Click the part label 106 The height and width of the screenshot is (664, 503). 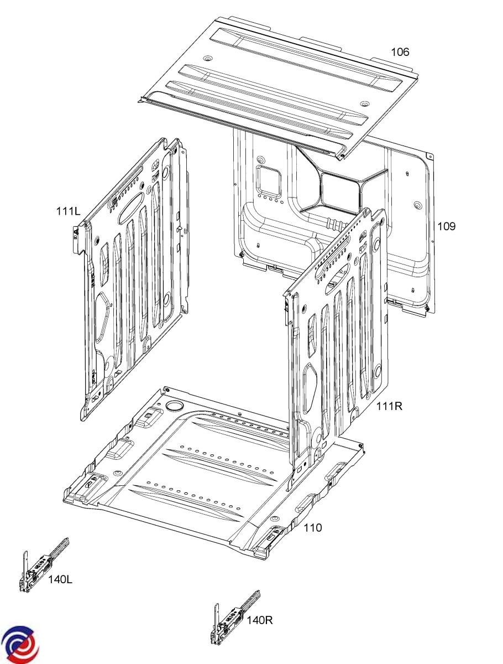(x=400, y=52)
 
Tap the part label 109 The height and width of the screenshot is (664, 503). (x=446, y=226)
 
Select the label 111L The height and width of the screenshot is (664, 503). (x=68, y=211)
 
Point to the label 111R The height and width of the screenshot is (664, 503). (x=389, y=407)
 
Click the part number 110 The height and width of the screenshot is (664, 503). (x=312, y=528)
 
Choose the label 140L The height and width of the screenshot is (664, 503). (x=60, y=580)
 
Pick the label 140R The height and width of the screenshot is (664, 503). (x=259, y=620)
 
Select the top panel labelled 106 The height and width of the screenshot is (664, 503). (x=276, y=83)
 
